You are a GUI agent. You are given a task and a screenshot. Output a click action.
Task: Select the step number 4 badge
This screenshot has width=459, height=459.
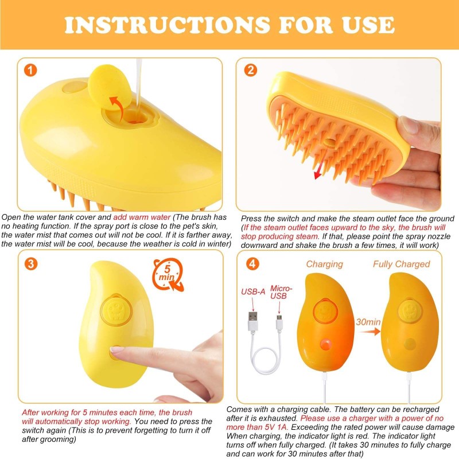coord(251,264)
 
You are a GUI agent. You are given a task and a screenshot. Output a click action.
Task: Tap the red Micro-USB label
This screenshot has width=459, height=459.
coord(281,292)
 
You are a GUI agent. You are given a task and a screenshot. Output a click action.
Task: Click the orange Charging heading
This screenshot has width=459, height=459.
coord(324,264)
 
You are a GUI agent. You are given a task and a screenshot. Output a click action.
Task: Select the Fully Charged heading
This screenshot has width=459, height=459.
coord(401,264)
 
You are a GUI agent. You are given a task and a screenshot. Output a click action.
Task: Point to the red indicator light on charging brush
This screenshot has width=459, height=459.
coord(325,344)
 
